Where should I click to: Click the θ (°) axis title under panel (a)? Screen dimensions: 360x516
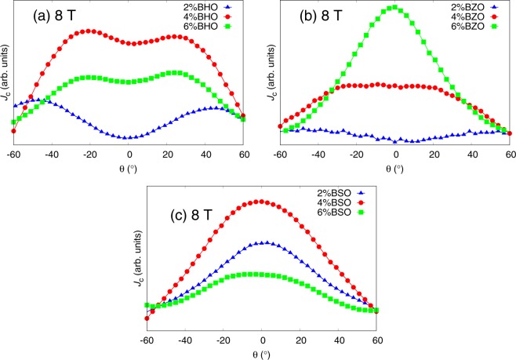pos(128,168)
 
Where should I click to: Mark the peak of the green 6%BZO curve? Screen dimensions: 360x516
pos(394,8)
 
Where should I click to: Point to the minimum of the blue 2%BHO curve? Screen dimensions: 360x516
pos(129,138)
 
